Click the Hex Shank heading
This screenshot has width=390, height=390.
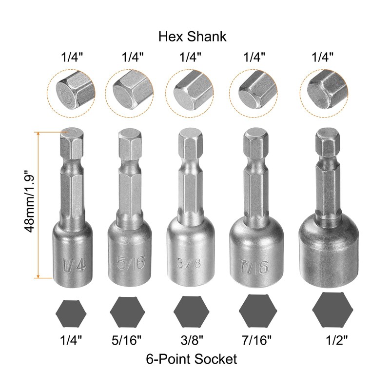pos(192,37)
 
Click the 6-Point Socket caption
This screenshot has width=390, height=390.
pos(191,359)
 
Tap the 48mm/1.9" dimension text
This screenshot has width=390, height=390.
pos(29,201)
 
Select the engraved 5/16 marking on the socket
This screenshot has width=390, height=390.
pos(131,262)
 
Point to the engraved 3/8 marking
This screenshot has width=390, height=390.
pos(189,263)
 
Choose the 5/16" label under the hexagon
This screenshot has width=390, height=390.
pos(127,340)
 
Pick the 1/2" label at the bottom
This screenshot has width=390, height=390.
pos(336,340)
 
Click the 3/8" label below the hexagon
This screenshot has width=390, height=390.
pos(192,340)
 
